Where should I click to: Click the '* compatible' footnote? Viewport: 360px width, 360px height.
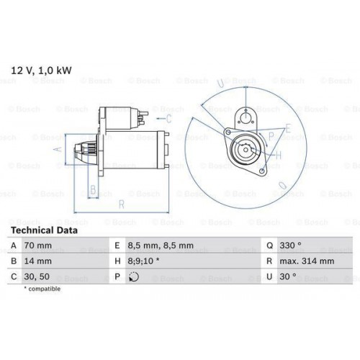[43, 289]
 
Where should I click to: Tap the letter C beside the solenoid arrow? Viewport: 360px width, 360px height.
[168, 117]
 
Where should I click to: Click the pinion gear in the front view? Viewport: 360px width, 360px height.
[243, 152]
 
